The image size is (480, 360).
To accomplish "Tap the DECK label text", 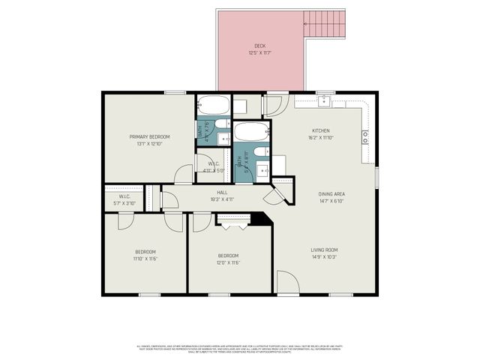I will tap(259, 46).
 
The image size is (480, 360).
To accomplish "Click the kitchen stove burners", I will tap(365, 136).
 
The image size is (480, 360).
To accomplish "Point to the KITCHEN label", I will tap(321, 130).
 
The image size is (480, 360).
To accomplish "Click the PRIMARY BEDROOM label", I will tap(149, 136).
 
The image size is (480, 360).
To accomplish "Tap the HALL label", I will tap(223, 192).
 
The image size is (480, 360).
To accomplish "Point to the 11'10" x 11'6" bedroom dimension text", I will tap(145, 259).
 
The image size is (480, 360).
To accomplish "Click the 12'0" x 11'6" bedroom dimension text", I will tap(228, 262).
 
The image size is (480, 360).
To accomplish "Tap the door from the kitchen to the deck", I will tap(274, 105).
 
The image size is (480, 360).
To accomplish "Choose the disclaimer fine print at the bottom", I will tap(240, 349).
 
